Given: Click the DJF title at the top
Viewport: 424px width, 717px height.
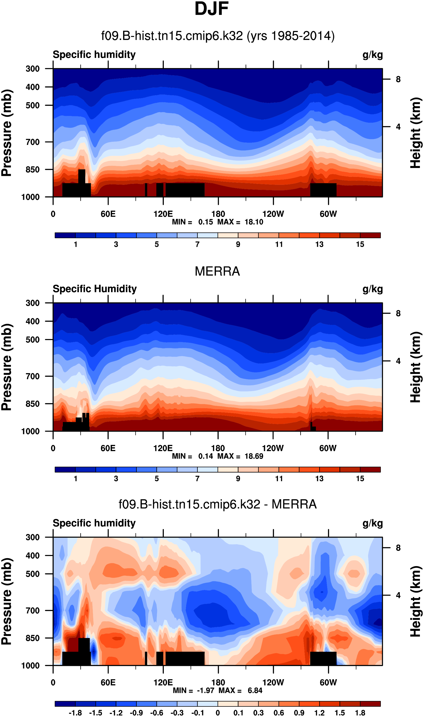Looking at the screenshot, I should point(212,9).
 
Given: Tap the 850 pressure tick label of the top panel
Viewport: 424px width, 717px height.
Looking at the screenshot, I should point(33,170).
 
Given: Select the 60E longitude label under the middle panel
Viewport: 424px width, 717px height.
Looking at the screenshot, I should point(108,448).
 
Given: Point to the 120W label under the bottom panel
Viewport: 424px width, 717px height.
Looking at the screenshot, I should point(273,683).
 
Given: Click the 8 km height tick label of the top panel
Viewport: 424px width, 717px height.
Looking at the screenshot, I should point(398,80).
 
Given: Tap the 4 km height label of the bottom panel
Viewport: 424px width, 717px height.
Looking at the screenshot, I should point(398,595).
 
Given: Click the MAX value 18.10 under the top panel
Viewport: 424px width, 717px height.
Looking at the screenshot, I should point(254,222).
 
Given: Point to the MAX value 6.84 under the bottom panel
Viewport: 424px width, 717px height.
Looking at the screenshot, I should point(255,690).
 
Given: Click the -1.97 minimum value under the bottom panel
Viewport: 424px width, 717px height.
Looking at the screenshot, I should point(205,690).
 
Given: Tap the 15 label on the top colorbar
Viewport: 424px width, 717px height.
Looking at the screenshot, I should point(360,244).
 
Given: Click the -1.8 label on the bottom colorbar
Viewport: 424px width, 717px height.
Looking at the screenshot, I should point(75,713).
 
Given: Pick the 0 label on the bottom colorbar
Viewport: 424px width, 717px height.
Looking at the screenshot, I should point(218,713).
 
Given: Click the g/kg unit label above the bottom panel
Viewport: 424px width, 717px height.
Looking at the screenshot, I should point(373,523).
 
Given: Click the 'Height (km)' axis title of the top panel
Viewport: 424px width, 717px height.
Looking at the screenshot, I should point(416,133).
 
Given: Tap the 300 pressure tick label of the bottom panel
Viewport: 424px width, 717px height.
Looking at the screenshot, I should point(33,537).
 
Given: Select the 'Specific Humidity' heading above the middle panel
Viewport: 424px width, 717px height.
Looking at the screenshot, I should point(95,289).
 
